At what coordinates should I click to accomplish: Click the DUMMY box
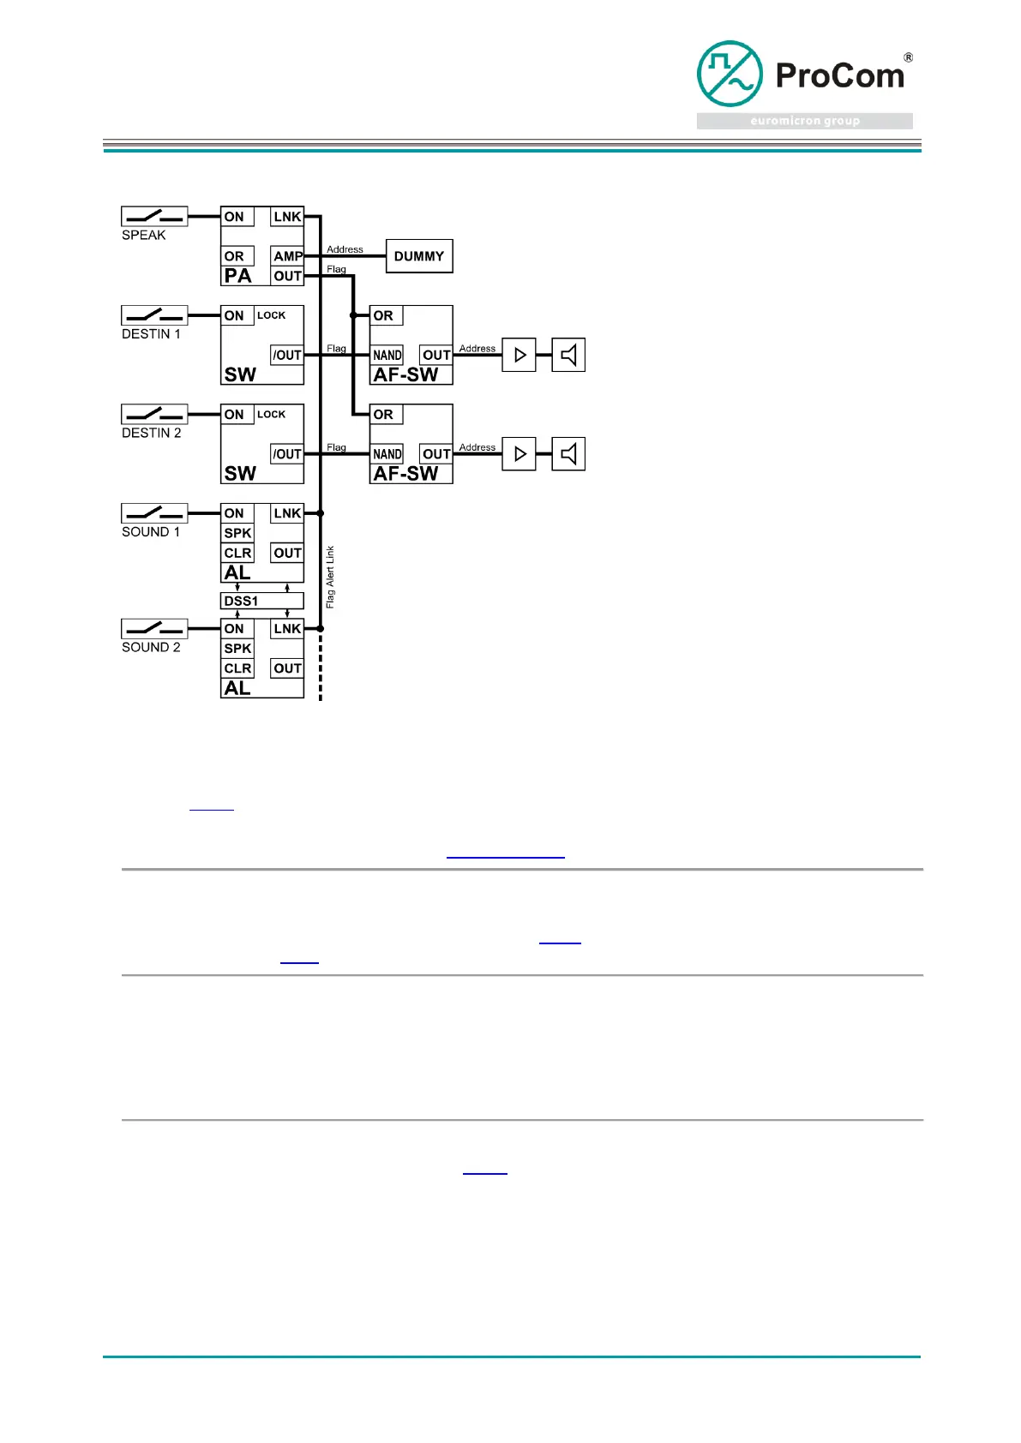tap(419, 256)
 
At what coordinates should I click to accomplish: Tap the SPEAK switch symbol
tap(154, 216)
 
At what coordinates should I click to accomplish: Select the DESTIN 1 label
tap(151, 334)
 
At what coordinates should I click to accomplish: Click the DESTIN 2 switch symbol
tap(154, 414)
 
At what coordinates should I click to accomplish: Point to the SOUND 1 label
tap(151, 532)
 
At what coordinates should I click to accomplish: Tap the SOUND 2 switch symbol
tap(154, 628)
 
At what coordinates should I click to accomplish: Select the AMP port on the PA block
tap(288, 256)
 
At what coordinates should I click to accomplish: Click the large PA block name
tap(238, 276)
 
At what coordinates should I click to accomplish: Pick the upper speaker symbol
tap(568, 355)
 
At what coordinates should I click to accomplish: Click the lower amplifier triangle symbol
tap(520, 454)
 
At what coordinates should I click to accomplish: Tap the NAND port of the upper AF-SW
tap(387, 355)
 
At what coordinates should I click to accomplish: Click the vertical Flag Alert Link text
tap(330, 578)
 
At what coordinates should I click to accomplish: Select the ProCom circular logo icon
tap(730, 74)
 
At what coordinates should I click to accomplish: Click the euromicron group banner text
tap(805, 121)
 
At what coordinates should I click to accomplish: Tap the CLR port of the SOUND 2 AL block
tap(237, 668)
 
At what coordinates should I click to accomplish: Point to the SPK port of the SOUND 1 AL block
tap(237, 533)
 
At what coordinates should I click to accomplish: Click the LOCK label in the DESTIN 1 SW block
tap(272, 315)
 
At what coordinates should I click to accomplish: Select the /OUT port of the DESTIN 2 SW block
tap(287, 454)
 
